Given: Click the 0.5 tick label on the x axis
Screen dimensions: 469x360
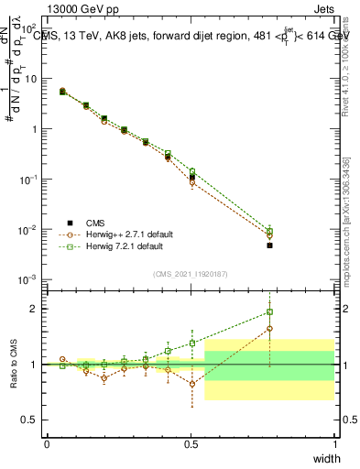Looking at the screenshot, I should click(191, 443).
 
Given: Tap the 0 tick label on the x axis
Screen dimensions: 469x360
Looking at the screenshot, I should click(47, 443).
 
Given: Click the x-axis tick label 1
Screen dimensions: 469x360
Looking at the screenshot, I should click(334, 443).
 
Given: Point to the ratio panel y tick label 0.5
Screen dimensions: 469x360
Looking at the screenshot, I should click(29, 420).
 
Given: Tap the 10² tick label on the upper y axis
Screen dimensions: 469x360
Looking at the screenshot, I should click(30, 28).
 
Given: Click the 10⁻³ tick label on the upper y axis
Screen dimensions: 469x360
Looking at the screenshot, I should click(29, 278).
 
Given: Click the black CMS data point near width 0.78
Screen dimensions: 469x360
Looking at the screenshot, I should click(269, 245).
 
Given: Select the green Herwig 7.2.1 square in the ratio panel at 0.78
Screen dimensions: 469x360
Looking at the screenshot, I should click(269, 311).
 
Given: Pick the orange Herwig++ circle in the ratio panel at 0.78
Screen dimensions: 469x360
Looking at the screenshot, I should click(269, 328).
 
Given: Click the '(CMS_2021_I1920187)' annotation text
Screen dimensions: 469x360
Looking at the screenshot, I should click(191, 273).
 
